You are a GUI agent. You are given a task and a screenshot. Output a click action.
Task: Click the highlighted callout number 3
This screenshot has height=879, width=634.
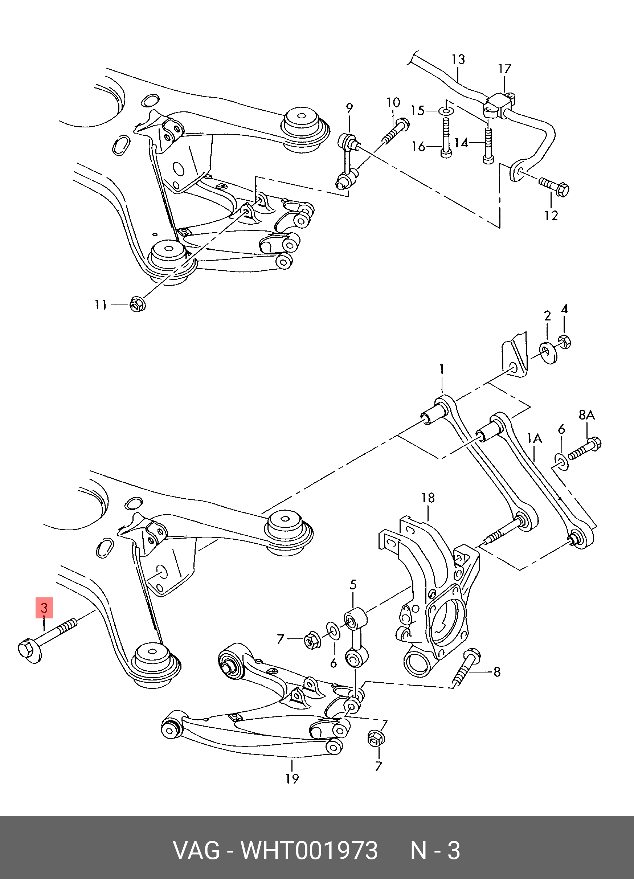44,607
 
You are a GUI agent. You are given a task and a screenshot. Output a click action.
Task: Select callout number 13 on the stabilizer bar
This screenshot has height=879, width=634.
458,60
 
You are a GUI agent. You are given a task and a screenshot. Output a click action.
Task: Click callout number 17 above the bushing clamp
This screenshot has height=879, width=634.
504,69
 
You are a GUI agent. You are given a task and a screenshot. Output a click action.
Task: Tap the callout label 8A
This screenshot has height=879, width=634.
586,415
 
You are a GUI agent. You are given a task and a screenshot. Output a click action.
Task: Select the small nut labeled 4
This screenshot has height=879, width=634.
565,342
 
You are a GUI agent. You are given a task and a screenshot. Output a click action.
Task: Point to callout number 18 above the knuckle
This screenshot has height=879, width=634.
428,498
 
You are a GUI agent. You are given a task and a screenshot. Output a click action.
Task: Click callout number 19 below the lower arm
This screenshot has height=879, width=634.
292,778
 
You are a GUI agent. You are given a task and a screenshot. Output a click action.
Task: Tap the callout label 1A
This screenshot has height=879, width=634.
534,438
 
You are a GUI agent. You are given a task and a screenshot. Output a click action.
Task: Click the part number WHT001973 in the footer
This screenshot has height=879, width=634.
309,851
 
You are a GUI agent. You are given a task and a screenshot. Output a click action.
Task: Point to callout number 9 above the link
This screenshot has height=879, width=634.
349,108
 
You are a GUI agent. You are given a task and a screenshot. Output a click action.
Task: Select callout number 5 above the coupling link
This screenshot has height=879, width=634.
353,585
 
